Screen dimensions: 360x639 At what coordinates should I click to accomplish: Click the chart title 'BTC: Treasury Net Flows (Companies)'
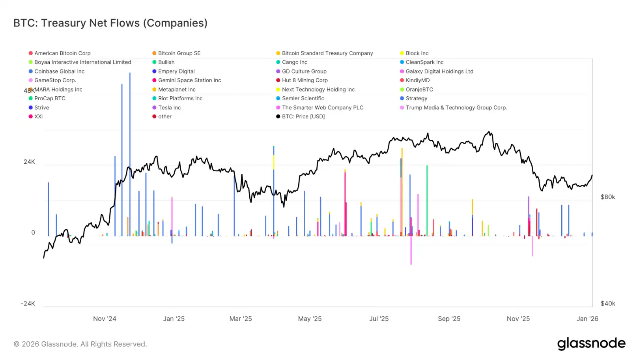[x=110, y=23]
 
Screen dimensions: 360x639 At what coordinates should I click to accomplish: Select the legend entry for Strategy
[x=416, y=99]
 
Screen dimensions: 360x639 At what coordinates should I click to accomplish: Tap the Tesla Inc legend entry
[x=169, y=108]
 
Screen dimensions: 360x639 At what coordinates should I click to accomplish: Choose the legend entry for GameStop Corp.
[x=55, y=81]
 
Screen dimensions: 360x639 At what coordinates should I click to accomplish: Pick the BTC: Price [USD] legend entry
[x=303, y=117]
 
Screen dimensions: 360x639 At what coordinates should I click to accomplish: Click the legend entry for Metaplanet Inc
[x=177, y=90]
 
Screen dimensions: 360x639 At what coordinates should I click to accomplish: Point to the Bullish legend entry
[x=166, y=62]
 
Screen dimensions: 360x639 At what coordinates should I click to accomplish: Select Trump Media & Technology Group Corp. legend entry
[x=456, y=108]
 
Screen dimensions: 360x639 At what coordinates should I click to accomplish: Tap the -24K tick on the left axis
[x=28, y=304]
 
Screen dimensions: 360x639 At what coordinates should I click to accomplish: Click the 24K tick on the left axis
[x=29, y=162]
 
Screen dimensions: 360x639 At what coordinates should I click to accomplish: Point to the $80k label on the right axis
[x=607, y=197]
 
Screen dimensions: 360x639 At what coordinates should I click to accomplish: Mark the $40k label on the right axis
[x=607, y=304]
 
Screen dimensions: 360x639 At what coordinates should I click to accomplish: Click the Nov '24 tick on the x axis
[x=105, y=319]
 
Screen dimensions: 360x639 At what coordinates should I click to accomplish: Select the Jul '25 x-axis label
[x=379, y=319]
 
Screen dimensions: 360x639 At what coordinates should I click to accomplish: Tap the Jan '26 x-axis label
[x=587, y=319]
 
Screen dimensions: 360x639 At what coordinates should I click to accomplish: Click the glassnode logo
[x=591, y=344]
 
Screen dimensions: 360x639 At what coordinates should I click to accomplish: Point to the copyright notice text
[x=80, y=344]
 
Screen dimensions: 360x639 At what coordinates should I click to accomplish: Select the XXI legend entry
[x=38, y=117]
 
